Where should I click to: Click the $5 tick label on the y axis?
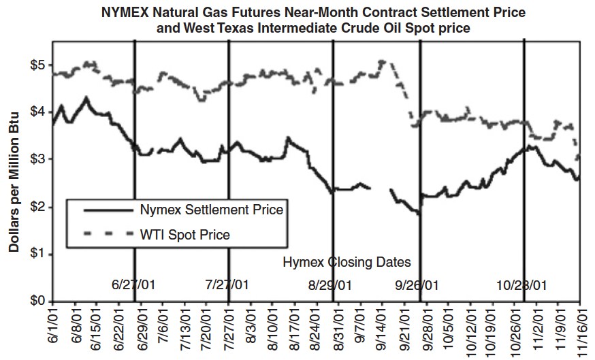[36, 65]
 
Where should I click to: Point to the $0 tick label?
[36, 301]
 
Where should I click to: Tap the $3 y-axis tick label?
[36, 159]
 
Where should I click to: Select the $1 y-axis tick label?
[36, 254]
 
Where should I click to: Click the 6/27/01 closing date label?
[133, 284]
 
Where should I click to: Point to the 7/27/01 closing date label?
[227, 284]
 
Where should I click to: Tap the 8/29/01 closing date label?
[330, 284]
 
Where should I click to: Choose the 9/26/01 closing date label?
[417, 284]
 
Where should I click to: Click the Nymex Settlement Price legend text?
[210, 209]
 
